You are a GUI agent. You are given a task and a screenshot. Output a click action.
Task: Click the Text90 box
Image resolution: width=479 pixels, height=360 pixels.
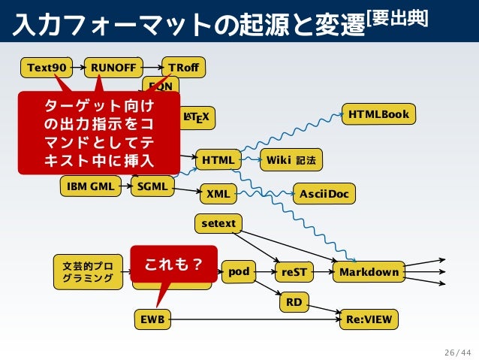click(46, 68)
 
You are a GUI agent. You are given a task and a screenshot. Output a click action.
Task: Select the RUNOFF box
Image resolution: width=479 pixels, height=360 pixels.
click(113, 68)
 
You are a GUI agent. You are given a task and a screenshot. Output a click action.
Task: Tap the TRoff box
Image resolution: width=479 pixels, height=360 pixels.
click(183, 68)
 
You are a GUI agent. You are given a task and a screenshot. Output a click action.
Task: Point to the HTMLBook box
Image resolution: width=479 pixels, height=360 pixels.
click(378, 114)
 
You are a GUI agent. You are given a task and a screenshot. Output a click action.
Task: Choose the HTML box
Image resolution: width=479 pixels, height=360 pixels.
click(218, 160)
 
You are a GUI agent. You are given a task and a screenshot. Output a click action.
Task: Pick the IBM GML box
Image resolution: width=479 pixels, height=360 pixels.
click(90, 186)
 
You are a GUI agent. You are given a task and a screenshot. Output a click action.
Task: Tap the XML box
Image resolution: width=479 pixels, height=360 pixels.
click(218, 194)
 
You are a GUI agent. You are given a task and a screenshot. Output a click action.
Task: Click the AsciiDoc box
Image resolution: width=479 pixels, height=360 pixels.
click(324, 194)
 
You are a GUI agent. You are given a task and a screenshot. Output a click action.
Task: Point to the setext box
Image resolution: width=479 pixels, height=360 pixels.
click(218, 223)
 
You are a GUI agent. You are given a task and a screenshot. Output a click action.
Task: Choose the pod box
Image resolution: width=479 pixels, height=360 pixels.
click(239, 271)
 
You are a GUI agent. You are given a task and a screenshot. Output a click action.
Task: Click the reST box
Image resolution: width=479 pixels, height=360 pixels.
click(294, 272)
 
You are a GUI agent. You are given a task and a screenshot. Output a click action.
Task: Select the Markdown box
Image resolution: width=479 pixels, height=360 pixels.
click(369, 272)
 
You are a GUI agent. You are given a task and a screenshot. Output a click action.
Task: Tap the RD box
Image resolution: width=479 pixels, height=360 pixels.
click(294, 302)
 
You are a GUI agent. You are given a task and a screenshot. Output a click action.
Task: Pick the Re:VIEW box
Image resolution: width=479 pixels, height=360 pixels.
click(369, 319)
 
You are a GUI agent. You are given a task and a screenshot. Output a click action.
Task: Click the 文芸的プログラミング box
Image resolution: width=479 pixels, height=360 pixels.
click(88, 272)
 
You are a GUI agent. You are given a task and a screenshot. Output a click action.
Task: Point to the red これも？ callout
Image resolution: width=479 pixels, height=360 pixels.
click(173, 264)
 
